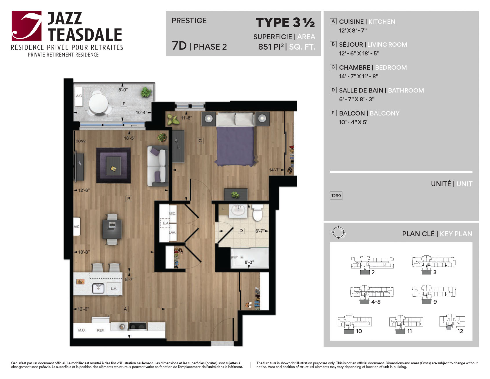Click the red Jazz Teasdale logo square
pos(27,26)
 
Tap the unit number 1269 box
pos(336,196)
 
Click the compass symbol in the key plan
pos(338,232)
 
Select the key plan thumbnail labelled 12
pos(452,322)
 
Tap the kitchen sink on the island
pos(98,288)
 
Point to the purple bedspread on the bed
pos(235,146)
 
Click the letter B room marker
pos(129,199)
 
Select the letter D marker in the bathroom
pos(241,231)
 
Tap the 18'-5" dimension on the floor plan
pos(130,138)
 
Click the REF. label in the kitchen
pos(101,330)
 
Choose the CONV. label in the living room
pos(81,141)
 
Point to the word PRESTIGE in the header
pos(189,21)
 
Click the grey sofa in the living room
pos(158,166)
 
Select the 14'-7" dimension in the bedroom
pos(275,170)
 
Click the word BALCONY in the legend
pos(384,113)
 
